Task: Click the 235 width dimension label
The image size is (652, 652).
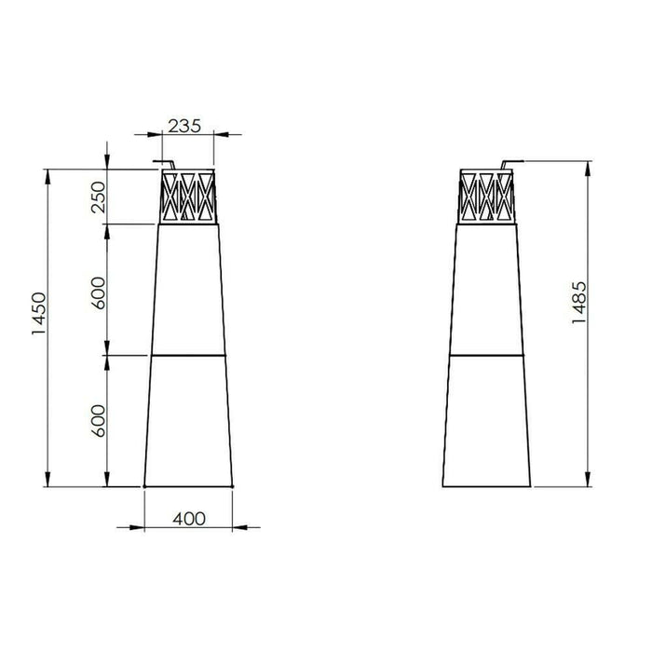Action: tap(184, 126)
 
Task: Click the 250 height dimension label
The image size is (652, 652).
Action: tap(100, 197)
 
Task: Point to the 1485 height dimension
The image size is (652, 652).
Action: tap(579, 302)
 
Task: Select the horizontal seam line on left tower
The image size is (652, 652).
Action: tap(188, 355)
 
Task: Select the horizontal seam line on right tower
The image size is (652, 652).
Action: tap(489, 355)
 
